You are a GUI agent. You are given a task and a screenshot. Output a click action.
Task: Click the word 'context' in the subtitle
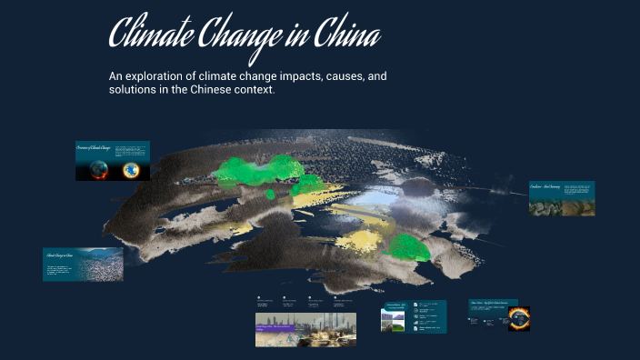coord(252,92)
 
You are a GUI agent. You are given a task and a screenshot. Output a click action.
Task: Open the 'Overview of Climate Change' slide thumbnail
coord(113,160)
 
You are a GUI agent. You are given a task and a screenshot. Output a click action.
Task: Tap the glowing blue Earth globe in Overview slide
coord(134,169)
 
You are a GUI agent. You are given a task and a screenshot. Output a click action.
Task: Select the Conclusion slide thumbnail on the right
coord(561,197)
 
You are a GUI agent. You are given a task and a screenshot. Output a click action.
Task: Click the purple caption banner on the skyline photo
coord(281,325)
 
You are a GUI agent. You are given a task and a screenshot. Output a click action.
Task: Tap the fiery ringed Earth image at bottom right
coord(519,317)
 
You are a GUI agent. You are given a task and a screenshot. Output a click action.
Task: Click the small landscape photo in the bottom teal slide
coord(395,322)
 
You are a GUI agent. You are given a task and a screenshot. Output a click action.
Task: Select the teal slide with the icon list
coord(414,316)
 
